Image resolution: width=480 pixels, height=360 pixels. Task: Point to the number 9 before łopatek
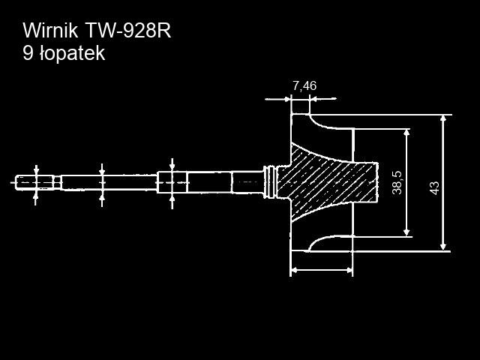pyautogui.click(x=28, y=53)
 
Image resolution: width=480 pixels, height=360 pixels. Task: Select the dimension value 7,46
pyautogui.click(x=304, y=86)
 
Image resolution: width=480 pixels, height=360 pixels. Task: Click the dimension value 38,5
pyautogui.click(x=397, y=182)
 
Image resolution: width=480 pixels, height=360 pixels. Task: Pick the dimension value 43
pyautogui.click(x=434, y=187)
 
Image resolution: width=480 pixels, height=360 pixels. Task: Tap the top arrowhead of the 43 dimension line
pyautogui.click(x=443, y=119)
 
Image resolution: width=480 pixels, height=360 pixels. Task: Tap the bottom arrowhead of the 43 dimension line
pyautogui.click(x=443, y=246)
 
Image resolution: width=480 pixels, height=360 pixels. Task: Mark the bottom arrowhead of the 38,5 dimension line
pyautogui.click(x=406, y=232)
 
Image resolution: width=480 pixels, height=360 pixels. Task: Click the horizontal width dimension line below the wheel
pyautogui.click(x=321, y=269)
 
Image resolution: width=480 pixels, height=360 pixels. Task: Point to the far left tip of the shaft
pyautogui.click(x=14, y=181)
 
